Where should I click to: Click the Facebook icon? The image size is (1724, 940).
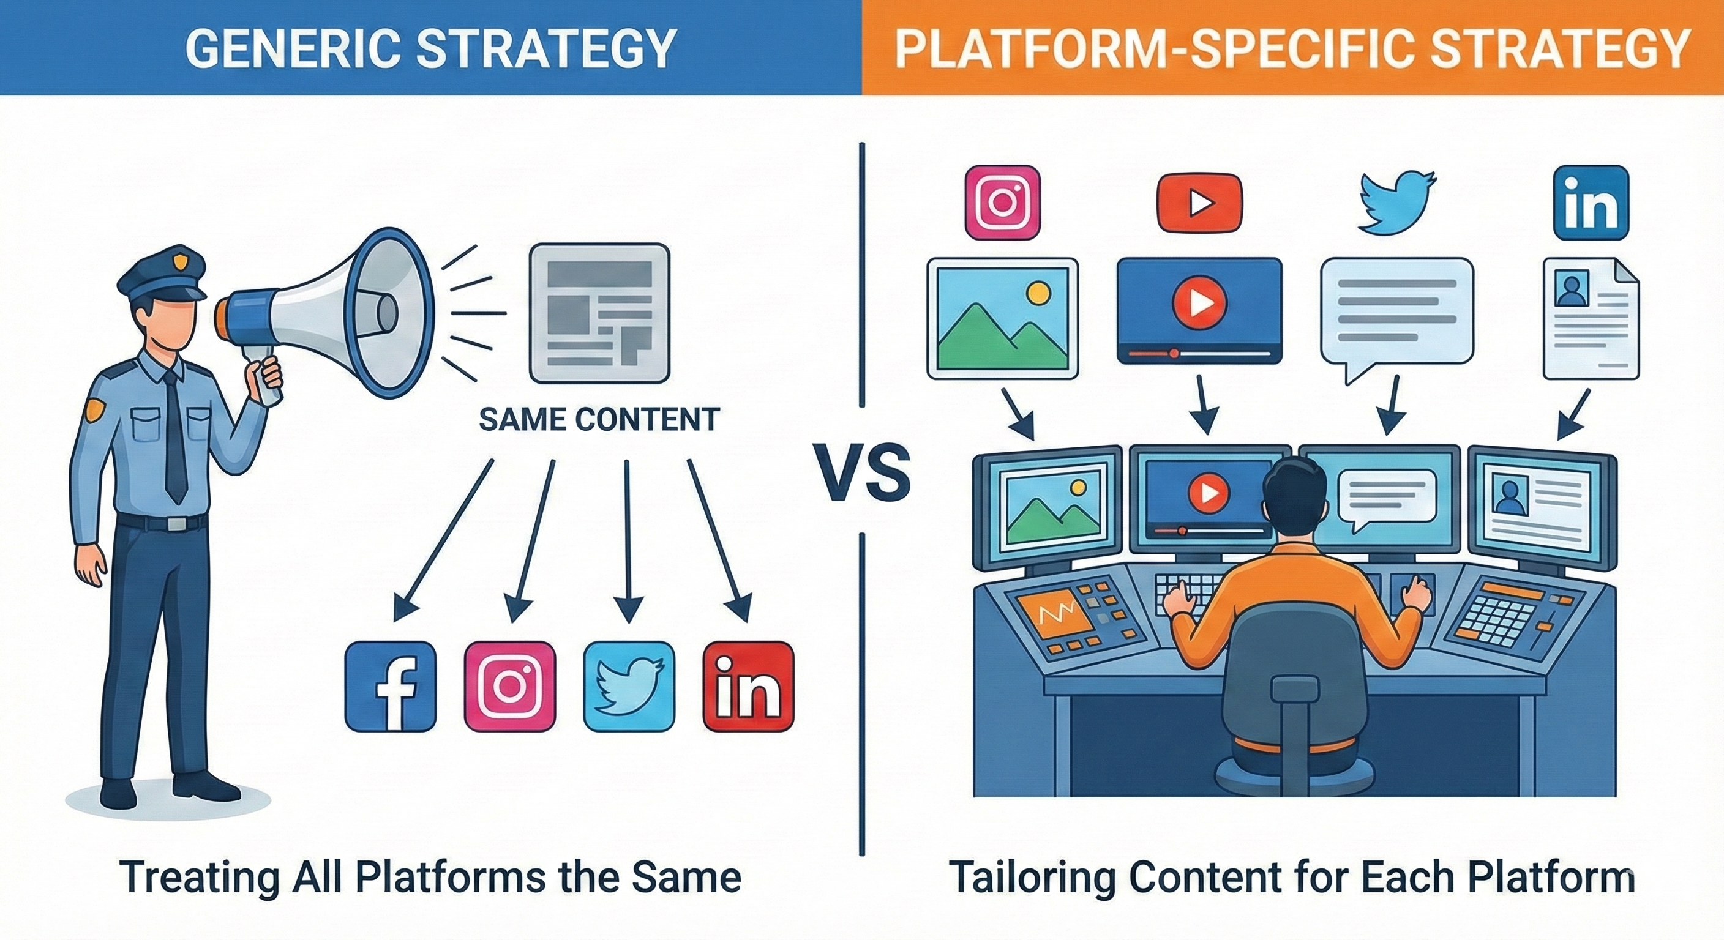click(390, 687)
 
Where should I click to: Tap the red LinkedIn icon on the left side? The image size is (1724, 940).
click(748, 687)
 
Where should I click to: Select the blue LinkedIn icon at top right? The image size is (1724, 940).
click(1590, 203)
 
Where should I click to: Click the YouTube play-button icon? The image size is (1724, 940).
click(1199, 203)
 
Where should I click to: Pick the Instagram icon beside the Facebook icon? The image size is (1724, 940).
click(509, 687)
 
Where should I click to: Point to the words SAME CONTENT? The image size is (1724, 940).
click(599, 419)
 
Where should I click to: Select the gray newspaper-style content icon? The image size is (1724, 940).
click(599, 314)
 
